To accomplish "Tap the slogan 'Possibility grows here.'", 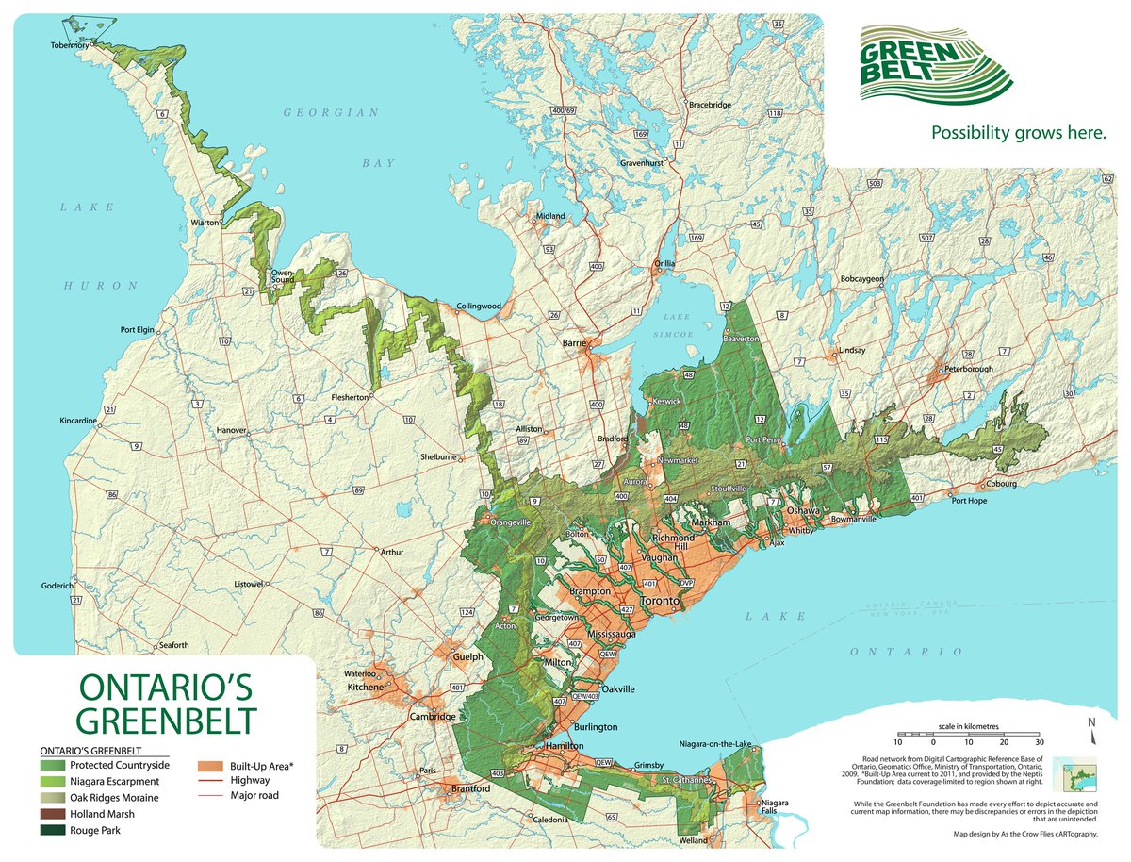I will (x=1018, y=133).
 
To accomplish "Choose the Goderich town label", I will (x=57, y=586).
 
